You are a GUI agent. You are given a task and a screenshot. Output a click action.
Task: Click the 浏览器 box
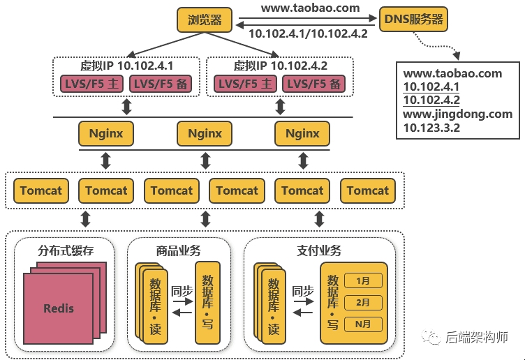(x=205, y=20)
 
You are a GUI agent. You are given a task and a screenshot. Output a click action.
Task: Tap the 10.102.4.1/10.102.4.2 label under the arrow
(x=308, y=34)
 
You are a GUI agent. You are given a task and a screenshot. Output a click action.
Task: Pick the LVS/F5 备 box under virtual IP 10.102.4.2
(x=315, y=84)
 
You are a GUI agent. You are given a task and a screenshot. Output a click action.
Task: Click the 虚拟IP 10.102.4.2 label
(x=281, y=66)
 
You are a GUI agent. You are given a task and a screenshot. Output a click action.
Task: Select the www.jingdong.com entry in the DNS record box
(x=458, y=114)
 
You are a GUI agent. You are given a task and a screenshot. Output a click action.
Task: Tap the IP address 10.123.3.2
(x=431, y=128)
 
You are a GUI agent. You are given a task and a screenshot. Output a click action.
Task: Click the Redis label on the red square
(x=59, y=308)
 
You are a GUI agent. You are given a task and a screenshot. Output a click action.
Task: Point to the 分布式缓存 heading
(x=65, y=250)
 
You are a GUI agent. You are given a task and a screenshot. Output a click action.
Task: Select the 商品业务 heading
(x=179, y=250)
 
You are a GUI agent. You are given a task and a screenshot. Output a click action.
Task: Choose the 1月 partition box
(x=363, y=281)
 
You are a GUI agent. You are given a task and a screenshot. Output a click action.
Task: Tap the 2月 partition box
(x=363, y=303)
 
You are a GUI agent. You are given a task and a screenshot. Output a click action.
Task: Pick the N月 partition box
(x=363, y=324)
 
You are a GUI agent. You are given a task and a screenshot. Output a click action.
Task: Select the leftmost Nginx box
(x=106, y=133)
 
